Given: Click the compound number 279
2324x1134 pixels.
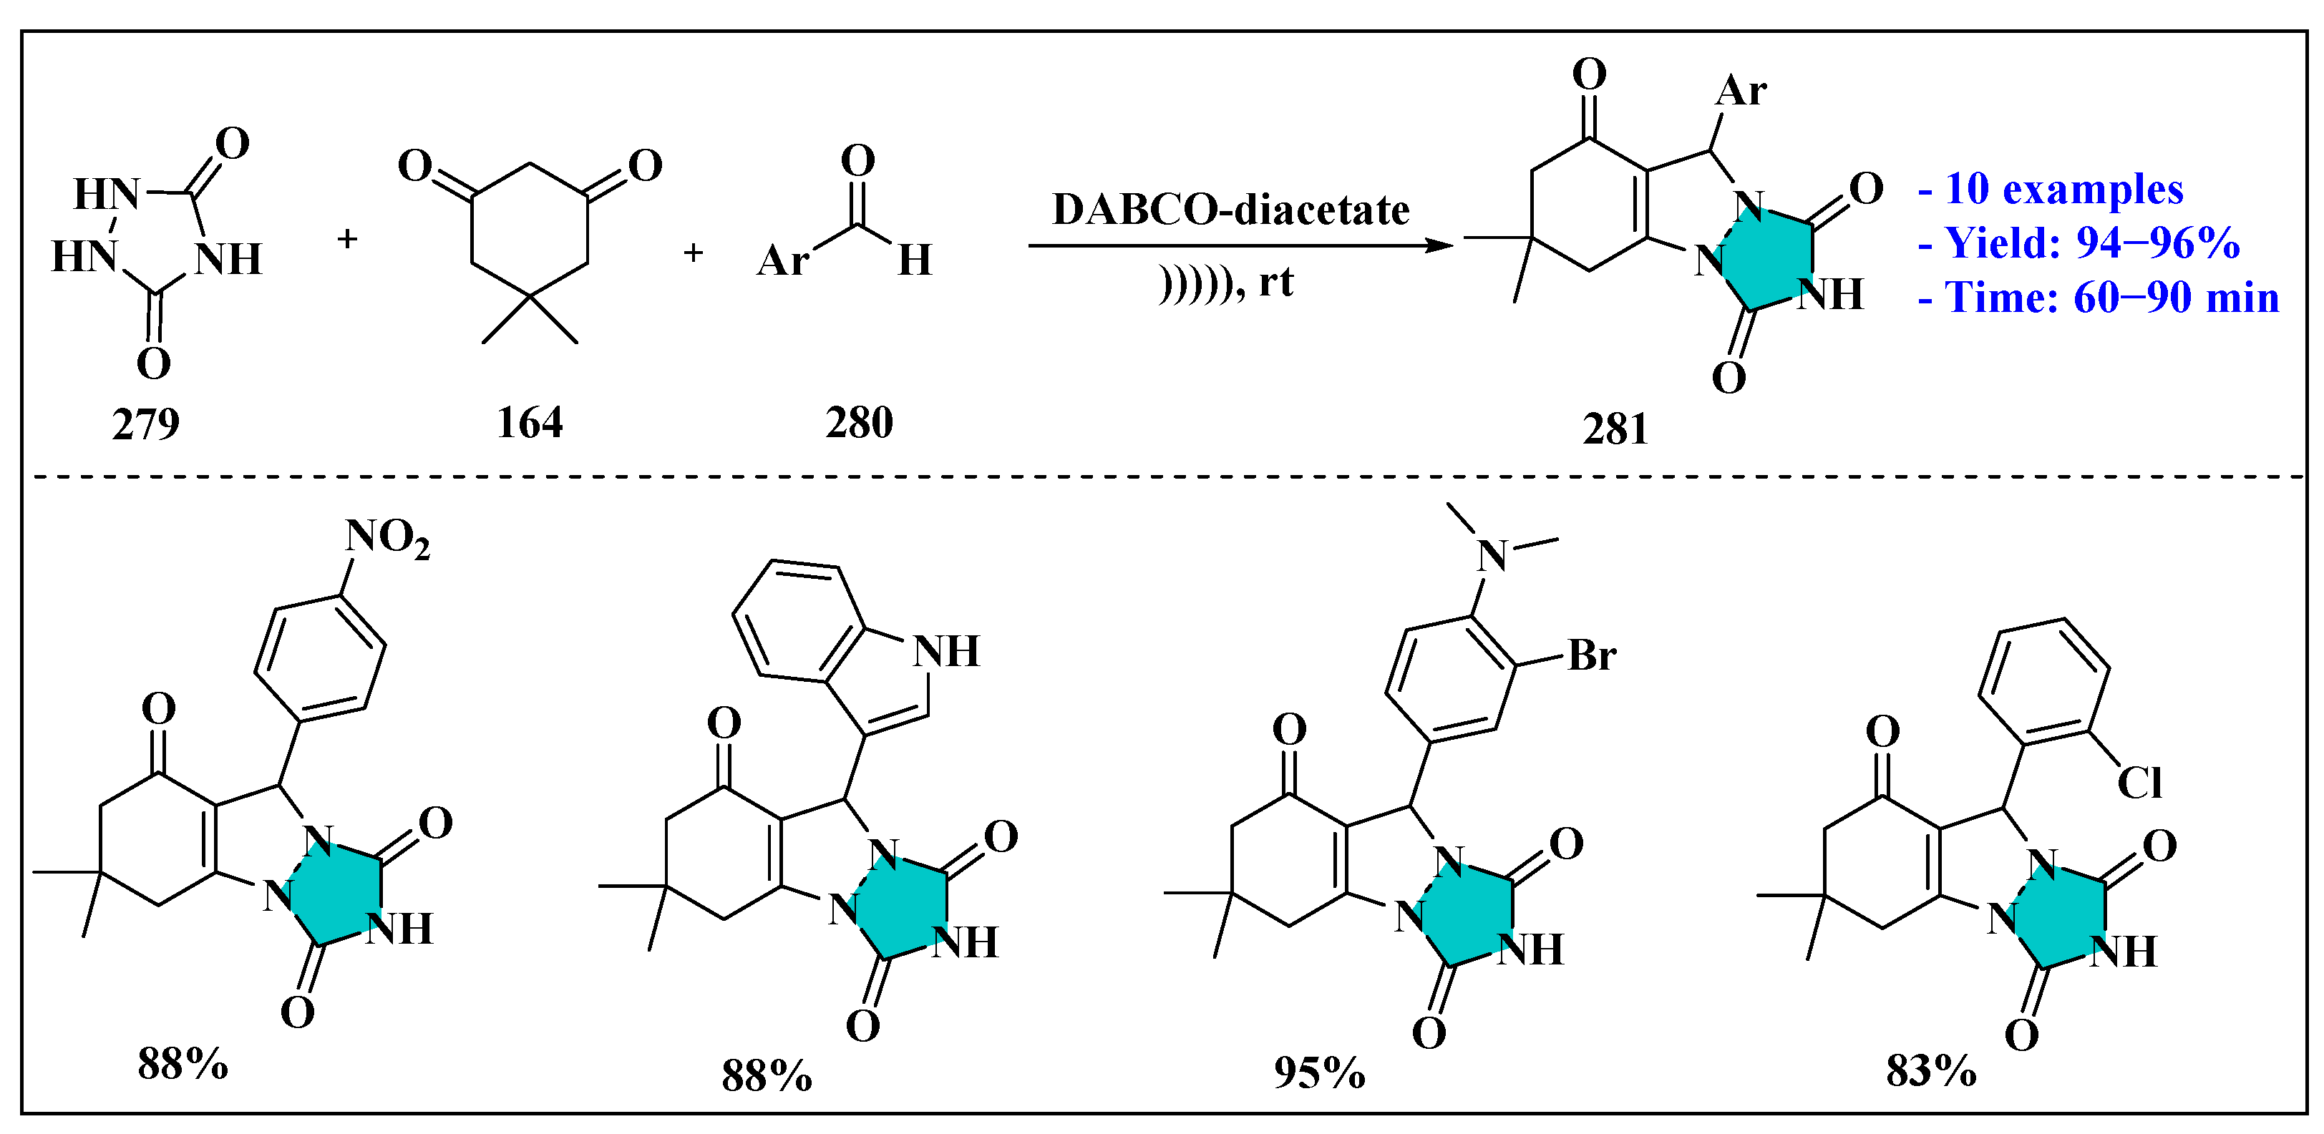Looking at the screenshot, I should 145,424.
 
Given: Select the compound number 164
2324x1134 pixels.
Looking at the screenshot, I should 530,422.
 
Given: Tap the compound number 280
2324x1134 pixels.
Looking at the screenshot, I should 859,422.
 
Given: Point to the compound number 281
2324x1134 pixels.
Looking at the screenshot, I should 1615,429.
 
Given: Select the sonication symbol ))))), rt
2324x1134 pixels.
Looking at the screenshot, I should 1226,283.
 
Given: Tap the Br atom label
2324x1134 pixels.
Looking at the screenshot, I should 1591,656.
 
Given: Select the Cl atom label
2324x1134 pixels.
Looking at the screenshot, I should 2139,782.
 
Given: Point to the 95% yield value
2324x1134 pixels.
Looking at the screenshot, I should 1319,1072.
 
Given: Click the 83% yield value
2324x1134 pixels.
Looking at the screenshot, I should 1930,1072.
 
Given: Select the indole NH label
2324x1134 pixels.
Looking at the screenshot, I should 945,651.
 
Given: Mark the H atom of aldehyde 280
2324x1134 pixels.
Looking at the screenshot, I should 915,260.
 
